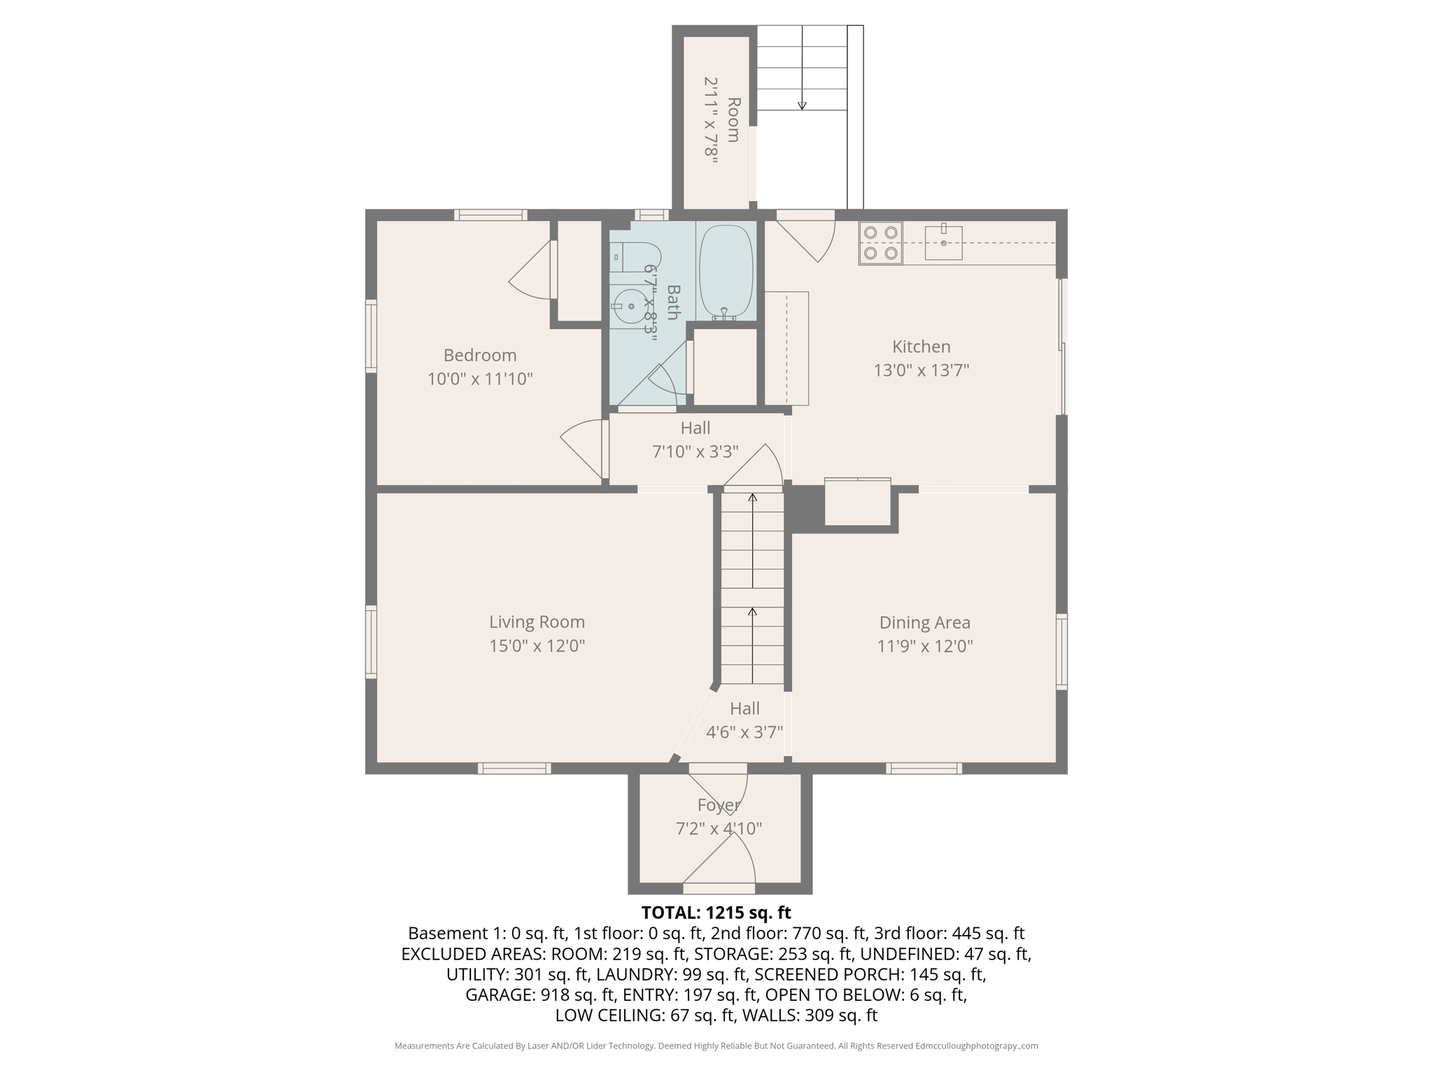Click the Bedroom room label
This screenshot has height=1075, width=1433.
(x=480, y=355)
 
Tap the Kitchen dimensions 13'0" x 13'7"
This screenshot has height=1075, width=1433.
(x=921, y=370)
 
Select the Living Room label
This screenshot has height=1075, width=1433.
(x=537, y=621)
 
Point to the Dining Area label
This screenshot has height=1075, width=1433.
(x=924, y=622)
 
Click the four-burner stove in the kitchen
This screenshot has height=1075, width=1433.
(x=880, y=243)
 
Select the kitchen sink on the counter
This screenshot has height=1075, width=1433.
(x=943, y=242)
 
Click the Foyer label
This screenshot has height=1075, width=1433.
(x=719, y=806)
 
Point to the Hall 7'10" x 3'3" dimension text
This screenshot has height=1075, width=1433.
(x=696, y=452)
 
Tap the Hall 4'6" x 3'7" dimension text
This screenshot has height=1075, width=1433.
(x=744, y=732)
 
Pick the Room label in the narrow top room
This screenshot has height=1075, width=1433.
(x=733, y=120)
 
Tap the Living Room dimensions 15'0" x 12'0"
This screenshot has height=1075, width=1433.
(x=537, y=645)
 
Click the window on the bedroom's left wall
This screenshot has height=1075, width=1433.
(x=371, y=335)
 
